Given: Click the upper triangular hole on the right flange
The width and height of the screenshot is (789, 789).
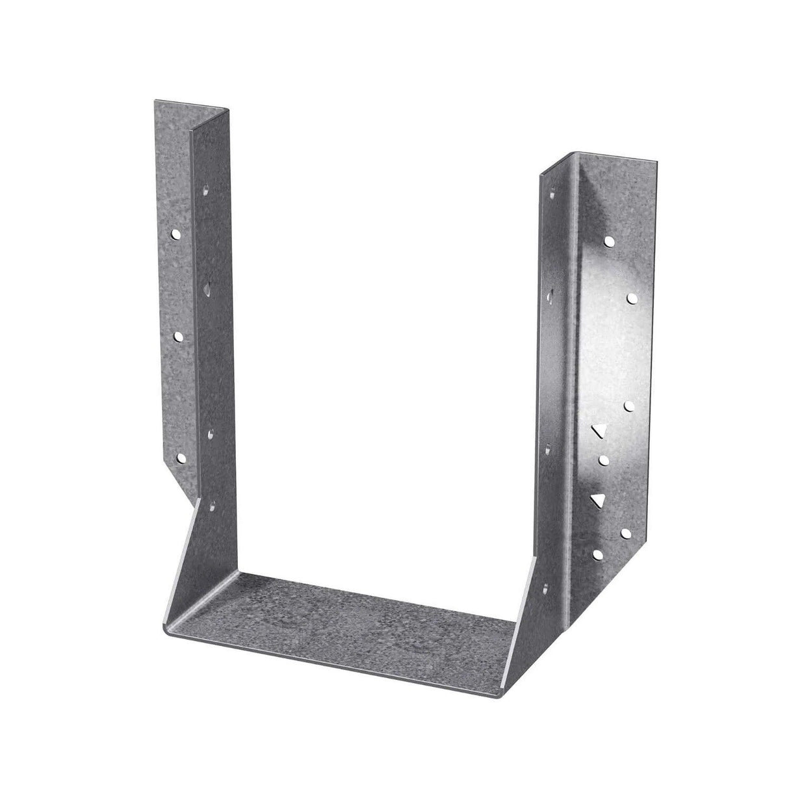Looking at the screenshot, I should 597,431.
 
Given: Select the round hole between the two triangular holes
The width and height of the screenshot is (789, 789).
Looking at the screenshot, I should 604,460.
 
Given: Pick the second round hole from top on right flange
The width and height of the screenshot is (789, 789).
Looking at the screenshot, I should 631,297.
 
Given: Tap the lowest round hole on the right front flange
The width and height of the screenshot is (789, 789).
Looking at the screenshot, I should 597,554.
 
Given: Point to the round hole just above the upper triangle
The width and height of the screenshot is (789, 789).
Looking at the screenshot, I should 628,406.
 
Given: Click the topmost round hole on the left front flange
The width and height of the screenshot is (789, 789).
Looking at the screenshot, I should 175,233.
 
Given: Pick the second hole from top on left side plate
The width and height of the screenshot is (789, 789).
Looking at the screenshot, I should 207,286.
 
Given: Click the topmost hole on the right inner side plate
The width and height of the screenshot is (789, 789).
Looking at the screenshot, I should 552,192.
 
